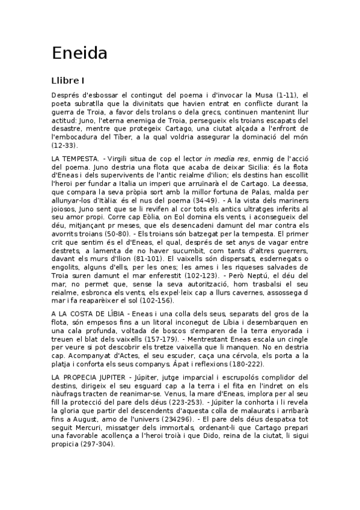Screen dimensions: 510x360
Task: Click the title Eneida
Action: click(x=79, y=54)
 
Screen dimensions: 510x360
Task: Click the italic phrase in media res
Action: click(x=227, y=158)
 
